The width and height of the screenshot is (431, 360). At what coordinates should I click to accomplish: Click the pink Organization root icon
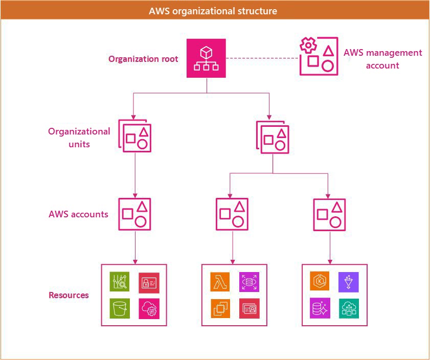coord(206,58)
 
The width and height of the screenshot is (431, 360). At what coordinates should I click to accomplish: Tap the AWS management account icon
coord(319,56)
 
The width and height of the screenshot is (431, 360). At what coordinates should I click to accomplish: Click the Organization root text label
coord(143,59)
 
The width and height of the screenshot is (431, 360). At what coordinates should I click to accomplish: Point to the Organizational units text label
coord(79,138)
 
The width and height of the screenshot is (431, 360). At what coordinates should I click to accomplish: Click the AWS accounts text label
coord(78,214)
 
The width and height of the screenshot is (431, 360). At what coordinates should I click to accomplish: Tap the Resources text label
coord(69,295)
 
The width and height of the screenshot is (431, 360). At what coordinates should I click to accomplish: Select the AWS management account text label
coord(382,59)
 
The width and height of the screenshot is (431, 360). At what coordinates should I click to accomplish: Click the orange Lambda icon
coord(220,282)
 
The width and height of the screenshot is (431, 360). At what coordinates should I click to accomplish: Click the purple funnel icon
coord(349,282)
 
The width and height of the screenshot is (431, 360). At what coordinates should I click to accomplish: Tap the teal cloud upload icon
coord(349,308)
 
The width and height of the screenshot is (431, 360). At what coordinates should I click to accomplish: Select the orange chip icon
coord(220,308)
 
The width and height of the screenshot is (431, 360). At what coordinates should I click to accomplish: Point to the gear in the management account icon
coord(308,47)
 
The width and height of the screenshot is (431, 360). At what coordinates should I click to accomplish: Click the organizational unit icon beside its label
coord(135,135)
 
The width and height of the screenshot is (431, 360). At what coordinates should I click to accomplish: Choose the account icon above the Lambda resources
coord(232,214)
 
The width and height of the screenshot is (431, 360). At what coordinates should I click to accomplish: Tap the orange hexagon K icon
coord(320,282)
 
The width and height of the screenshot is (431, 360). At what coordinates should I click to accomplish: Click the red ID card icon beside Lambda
coord(249,308)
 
